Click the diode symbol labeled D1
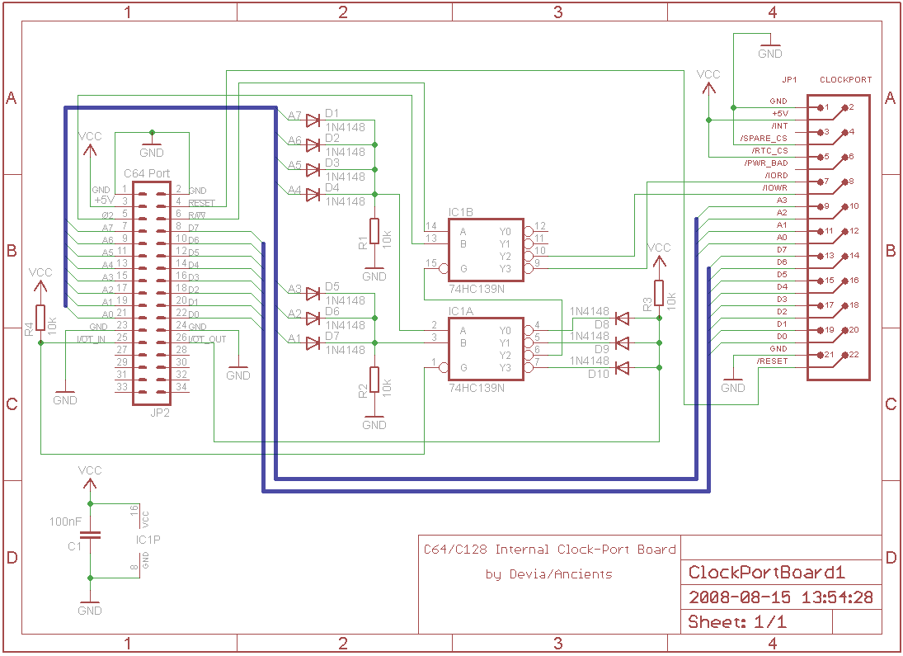click(313, 120)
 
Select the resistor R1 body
click(374, 231)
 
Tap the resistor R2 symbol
click(374, 380)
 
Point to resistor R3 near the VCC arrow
click(659, 293)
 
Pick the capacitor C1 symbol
click(90, 535)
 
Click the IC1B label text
click(462, 212)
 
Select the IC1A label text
click(462, 311)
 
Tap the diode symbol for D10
click(623, 367)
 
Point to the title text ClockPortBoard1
click(767, 573)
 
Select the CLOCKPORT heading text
click(845, 80)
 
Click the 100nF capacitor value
click(65, 522)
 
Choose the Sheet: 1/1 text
click(736, 622)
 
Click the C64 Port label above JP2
click(147, 174)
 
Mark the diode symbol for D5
click(313, 293)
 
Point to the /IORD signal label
click(775, 176)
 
